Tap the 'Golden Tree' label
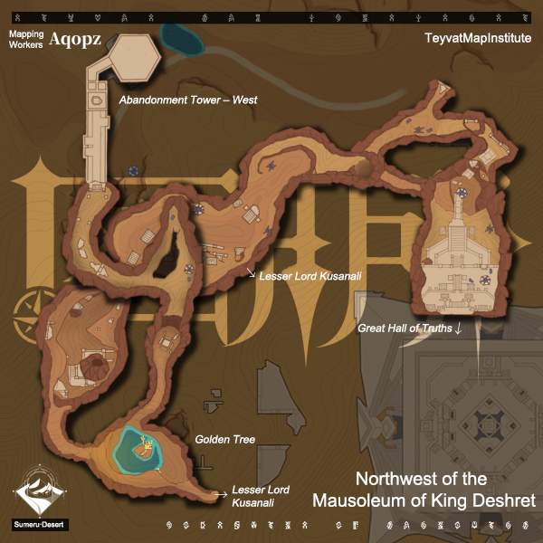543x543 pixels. click(225, 440)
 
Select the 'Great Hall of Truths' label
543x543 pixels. click(405, 328)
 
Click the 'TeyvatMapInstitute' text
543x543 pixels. click(477, 40)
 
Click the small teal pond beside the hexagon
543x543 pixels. click(180, 36)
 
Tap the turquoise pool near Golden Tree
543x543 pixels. click(138, 449)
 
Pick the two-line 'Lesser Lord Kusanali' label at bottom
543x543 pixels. click(253, 494)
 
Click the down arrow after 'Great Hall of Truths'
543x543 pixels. click(459, 328)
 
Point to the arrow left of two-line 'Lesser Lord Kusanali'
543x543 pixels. click(218, 494)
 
